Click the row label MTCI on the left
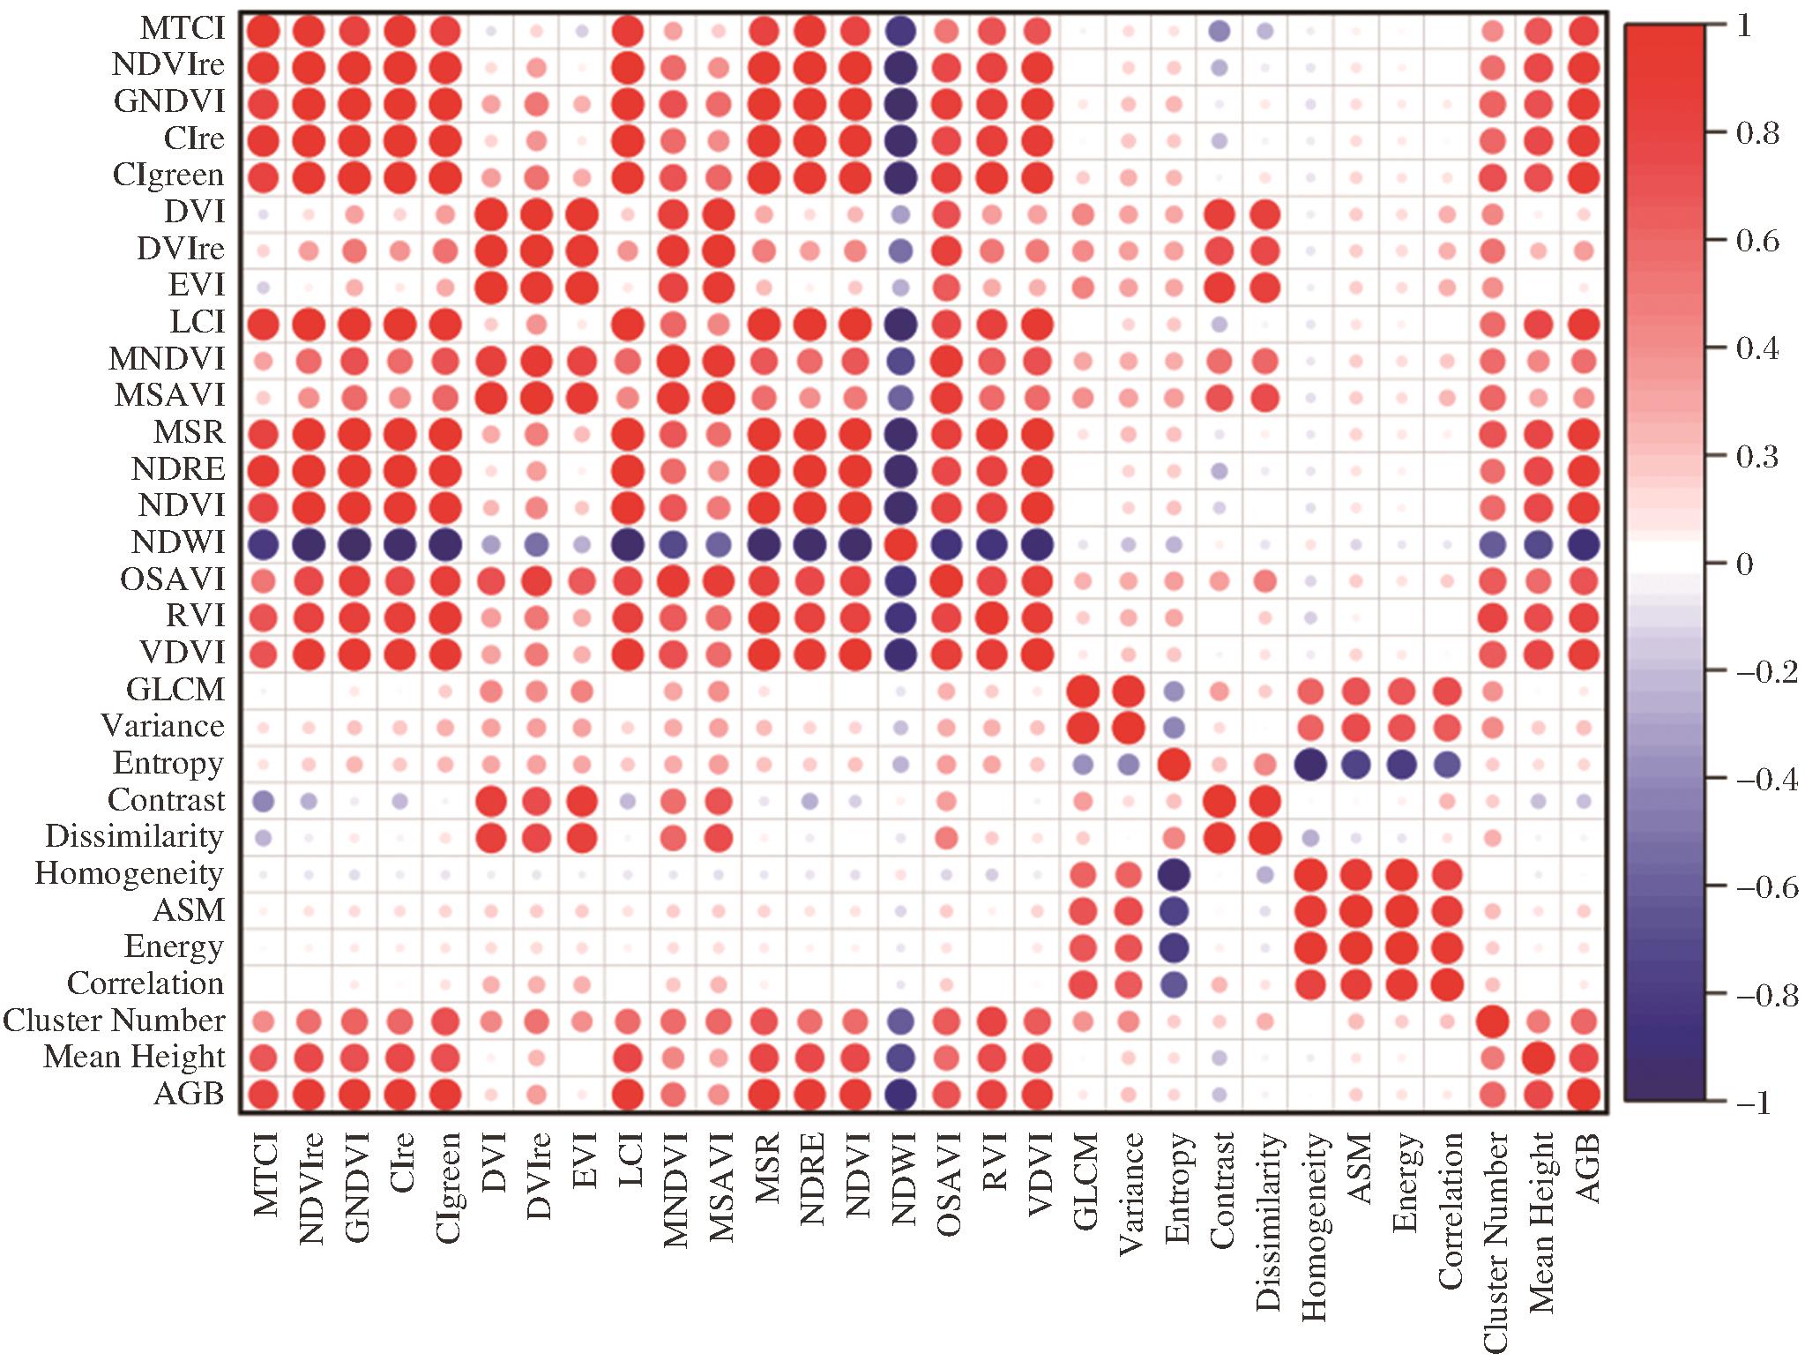pyautogui.click(x=183, y=30)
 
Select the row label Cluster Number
pyautogui.click(x=115, y=1021)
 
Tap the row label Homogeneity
pyautogui.click(x=130, y=874)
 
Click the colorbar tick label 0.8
pyautogui.click(x=1759, y=135)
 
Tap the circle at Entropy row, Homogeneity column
pyautogui.click(x=1313, y=764)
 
